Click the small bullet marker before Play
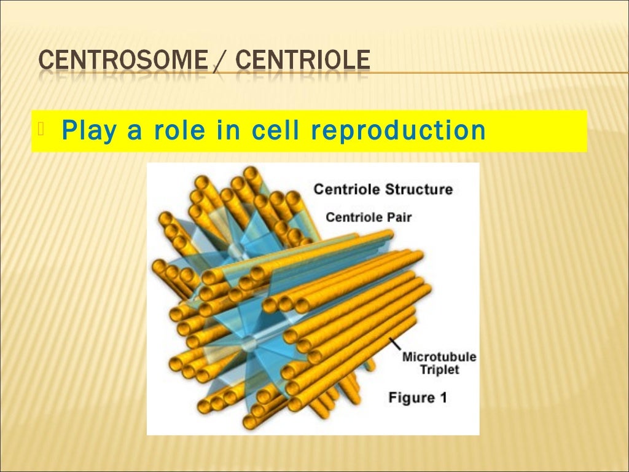coord(41,129)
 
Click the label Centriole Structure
coord(383,189)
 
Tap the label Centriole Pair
coord(369,217)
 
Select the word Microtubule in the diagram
coord(439,357)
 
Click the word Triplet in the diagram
coord(439,370)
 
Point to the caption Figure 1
coord(417,398)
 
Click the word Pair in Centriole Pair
coord(399,217)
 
